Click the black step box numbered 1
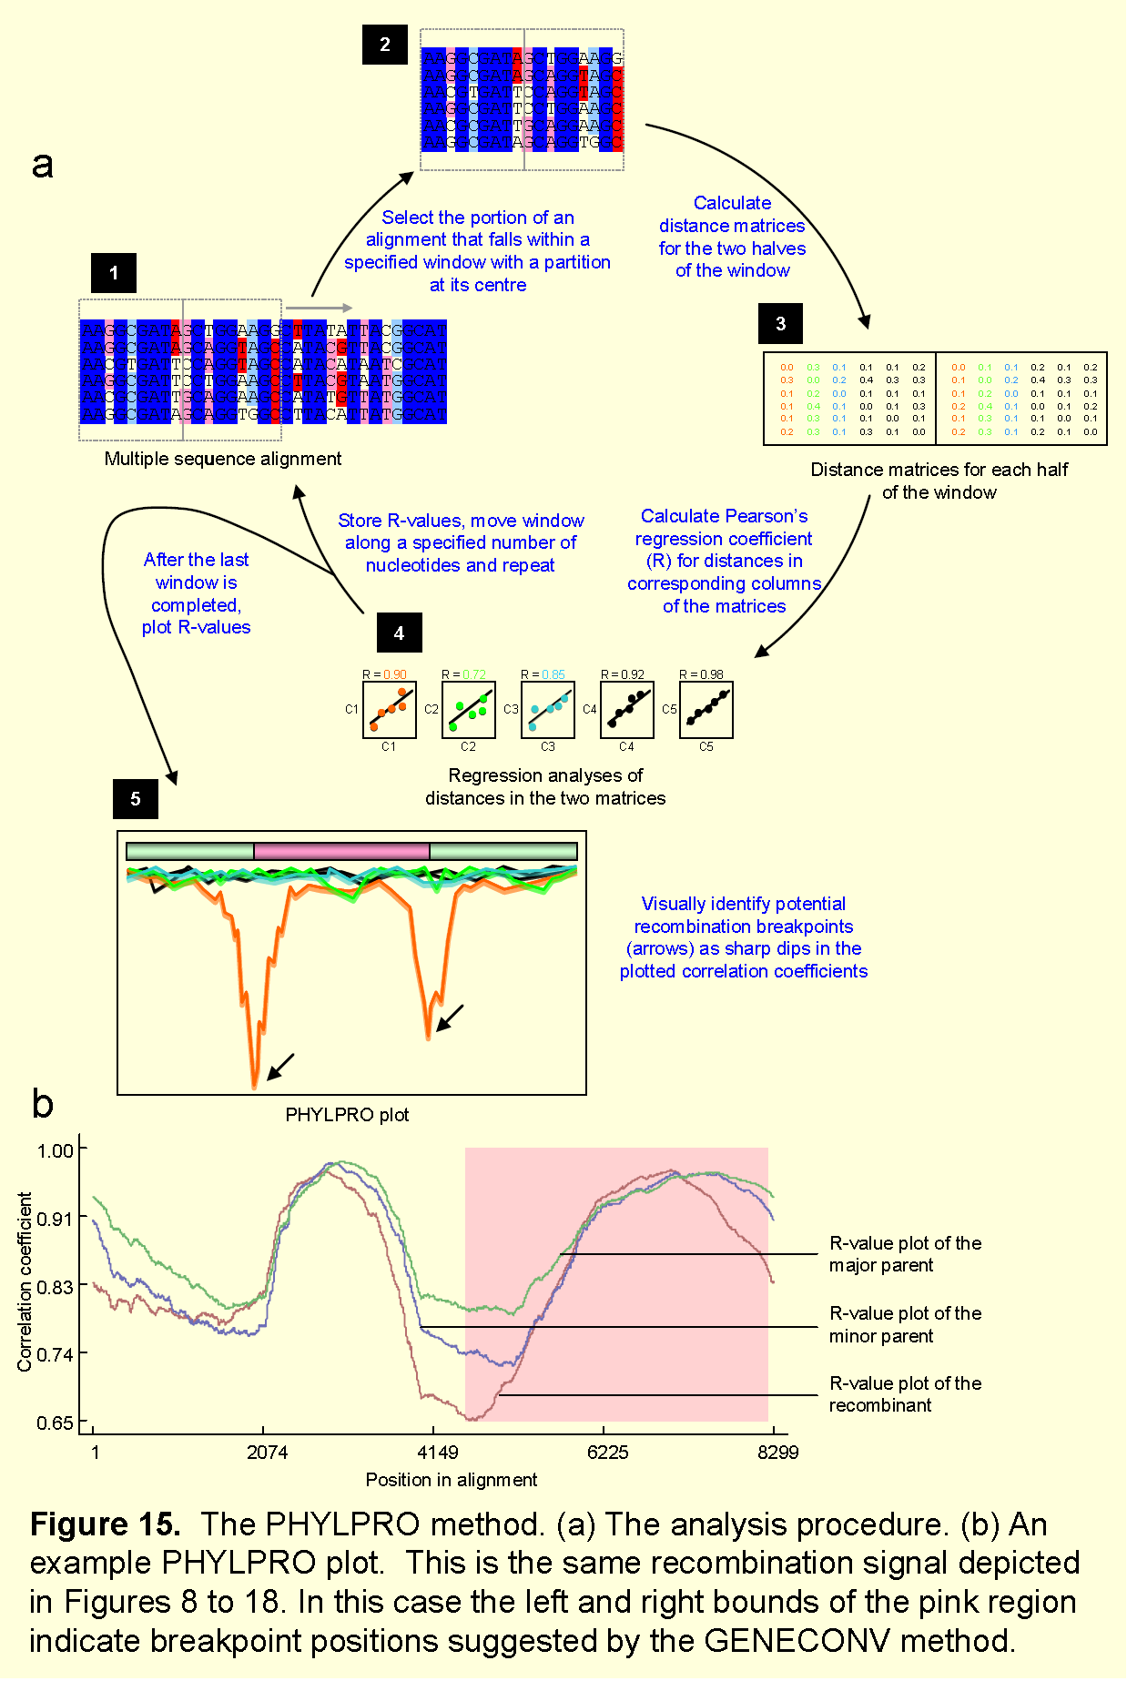pyautogui.click(x=114, y=272)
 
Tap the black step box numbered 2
pyautogui.click(x=384, y=45)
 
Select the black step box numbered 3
pyautogui.click(x=780, y=323)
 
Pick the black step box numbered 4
pyautogui.click(x=399, y=633)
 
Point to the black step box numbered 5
pyautogui.click(x=136, y=798)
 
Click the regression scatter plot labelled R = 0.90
pyautogui.click(x=390, y=710)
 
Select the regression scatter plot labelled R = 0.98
pyautogui.click(x=706, y=710)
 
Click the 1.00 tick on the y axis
pyautogui.click(x=55, y=1150)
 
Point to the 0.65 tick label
pyautogui.click(x=55, y=1423)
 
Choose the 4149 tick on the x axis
pyautogui.click(x=438, y=1452)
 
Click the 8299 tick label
pyautogui.click(x=777, y=1452)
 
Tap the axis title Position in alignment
pyautogui.click(x=451, y=1480)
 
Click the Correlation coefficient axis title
pyautogui.click(x=25, y=1282)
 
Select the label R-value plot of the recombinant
pyautogui.click(x=905, y=1394)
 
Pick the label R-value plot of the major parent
pyautogui.click(x=905, y=1254)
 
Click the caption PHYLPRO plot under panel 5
pyautogui.click(x=347, y=1115)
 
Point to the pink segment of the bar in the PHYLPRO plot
pyautogui.click(x=341, y=852)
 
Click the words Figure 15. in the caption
pyautogui.click(x=105, y=1524)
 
